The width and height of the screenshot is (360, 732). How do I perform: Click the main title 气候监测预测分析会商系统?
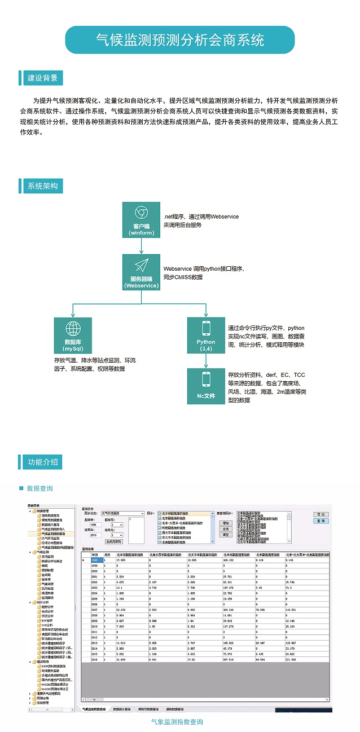[180, 40]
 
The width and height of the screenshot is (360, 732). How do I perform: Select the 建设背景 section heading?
[42, 78]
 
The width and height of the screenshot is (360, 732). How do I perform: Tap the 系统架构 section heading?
[42, 186]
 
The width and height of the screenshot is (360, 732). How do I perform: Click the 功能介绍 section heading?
[42, 462]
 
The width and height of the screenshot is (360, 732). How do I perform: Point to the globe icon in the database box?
[73, 328]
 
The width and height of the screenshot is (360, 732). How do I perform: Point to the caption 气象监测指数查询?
[177, 722]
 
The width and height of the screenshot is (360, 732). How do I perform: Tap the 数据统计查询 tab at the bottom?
[121, 709]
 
